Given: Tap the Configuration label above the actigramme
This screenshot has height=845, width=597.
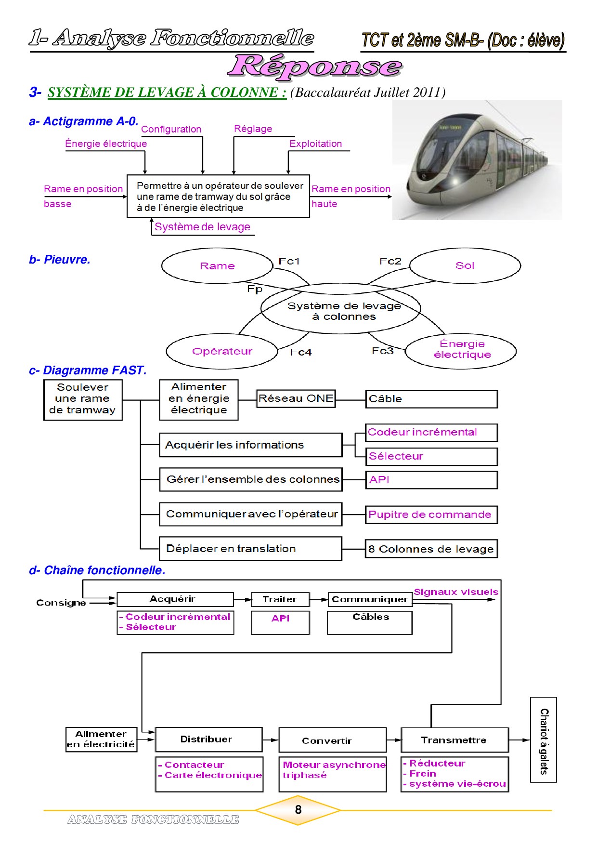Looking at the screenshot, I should (171, 129).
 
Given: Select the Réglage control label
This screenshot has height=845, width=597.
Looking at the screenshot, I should (253, 129).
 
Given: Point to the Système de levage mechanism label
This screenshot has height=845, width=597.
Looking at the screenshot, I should (202, 227).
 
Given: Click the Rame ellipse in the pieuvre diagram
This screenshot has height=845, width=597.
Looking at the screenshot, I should (217, 265).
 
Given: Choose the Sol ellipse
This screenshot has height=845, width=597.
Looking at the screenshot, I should (465, 265).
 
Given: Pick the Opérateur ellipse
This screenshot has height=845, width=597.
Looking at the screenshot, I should (222, 351).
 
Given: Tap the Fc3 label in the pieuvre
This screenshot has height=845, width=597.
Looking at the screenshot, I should (382, 351).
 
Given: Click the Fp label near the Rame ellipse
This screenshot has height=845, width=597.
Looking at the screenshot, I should (255, 289).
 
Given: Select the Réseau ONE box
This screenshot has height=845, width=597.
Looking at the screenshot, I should (296, 398).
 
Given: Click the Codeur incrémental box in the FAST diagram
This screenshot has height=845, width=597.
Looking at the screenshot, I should (431, 432).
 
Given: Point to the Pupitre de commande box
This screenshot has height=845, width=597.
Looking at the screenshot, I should (431, 515).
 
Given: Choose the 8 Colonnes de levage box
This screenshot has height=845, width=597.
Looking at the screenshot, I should (431, 549).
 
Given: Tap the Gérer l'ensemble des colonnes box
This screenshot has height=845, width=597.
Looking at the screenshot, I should (251, 479).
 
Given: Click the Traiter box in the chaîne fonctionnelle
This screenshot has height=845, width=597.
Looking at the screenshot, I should (280, 599).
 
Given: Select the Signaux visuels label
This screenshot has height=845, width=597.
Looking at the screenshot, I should (455, 592).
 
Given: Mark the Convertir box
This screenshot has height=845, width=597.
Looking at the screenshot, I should (332, 740).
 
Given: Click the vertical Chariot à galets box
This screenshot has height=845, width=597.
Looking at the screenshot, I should (544, 739).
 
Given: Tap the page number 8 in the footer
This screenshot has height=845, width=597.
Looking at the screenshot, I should (298, 810).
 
